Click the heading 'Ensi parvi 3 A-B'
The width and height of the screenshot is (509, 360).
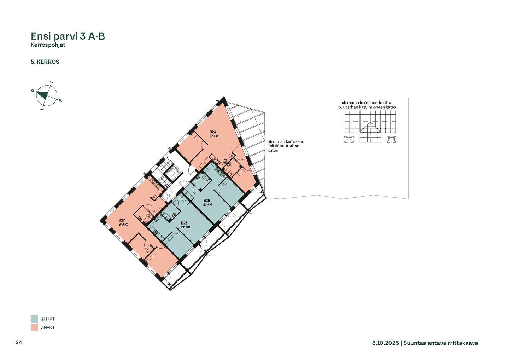point(68,36)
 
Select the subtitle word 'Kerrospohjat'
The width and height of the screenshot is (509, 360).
point(48,45)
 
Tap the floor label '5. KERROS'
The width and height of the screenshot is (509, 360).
point(45,62)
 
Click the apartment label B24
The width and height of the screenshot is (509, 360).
point(213,132)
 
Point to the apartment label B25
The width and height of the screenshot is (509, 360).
point(206,201)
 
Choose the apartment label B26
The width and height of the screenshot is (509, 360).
point(184,223)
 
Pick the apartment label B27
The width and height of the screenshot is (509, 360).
point(122,220)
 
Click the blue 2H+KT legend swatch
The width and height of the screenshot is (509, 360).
point(34,319)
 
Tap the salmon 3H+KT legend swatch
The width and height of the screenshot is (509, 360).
point(34,327)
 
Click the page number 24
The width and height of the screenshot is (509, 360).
point(19,342)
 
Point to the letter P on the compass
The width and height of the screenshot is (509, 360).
point(33,91)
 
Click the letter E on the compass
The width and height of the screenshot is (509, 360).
point(61,100)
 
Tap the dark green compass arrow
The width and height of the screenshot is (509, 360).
point(43,94)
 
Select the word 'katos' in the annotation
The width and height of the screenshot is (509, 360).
point(273,150)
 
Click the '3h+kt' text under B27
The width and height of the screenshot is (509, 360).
point(123,225)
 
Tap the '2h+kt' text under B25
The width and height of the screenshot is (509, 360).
point(208,204)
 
